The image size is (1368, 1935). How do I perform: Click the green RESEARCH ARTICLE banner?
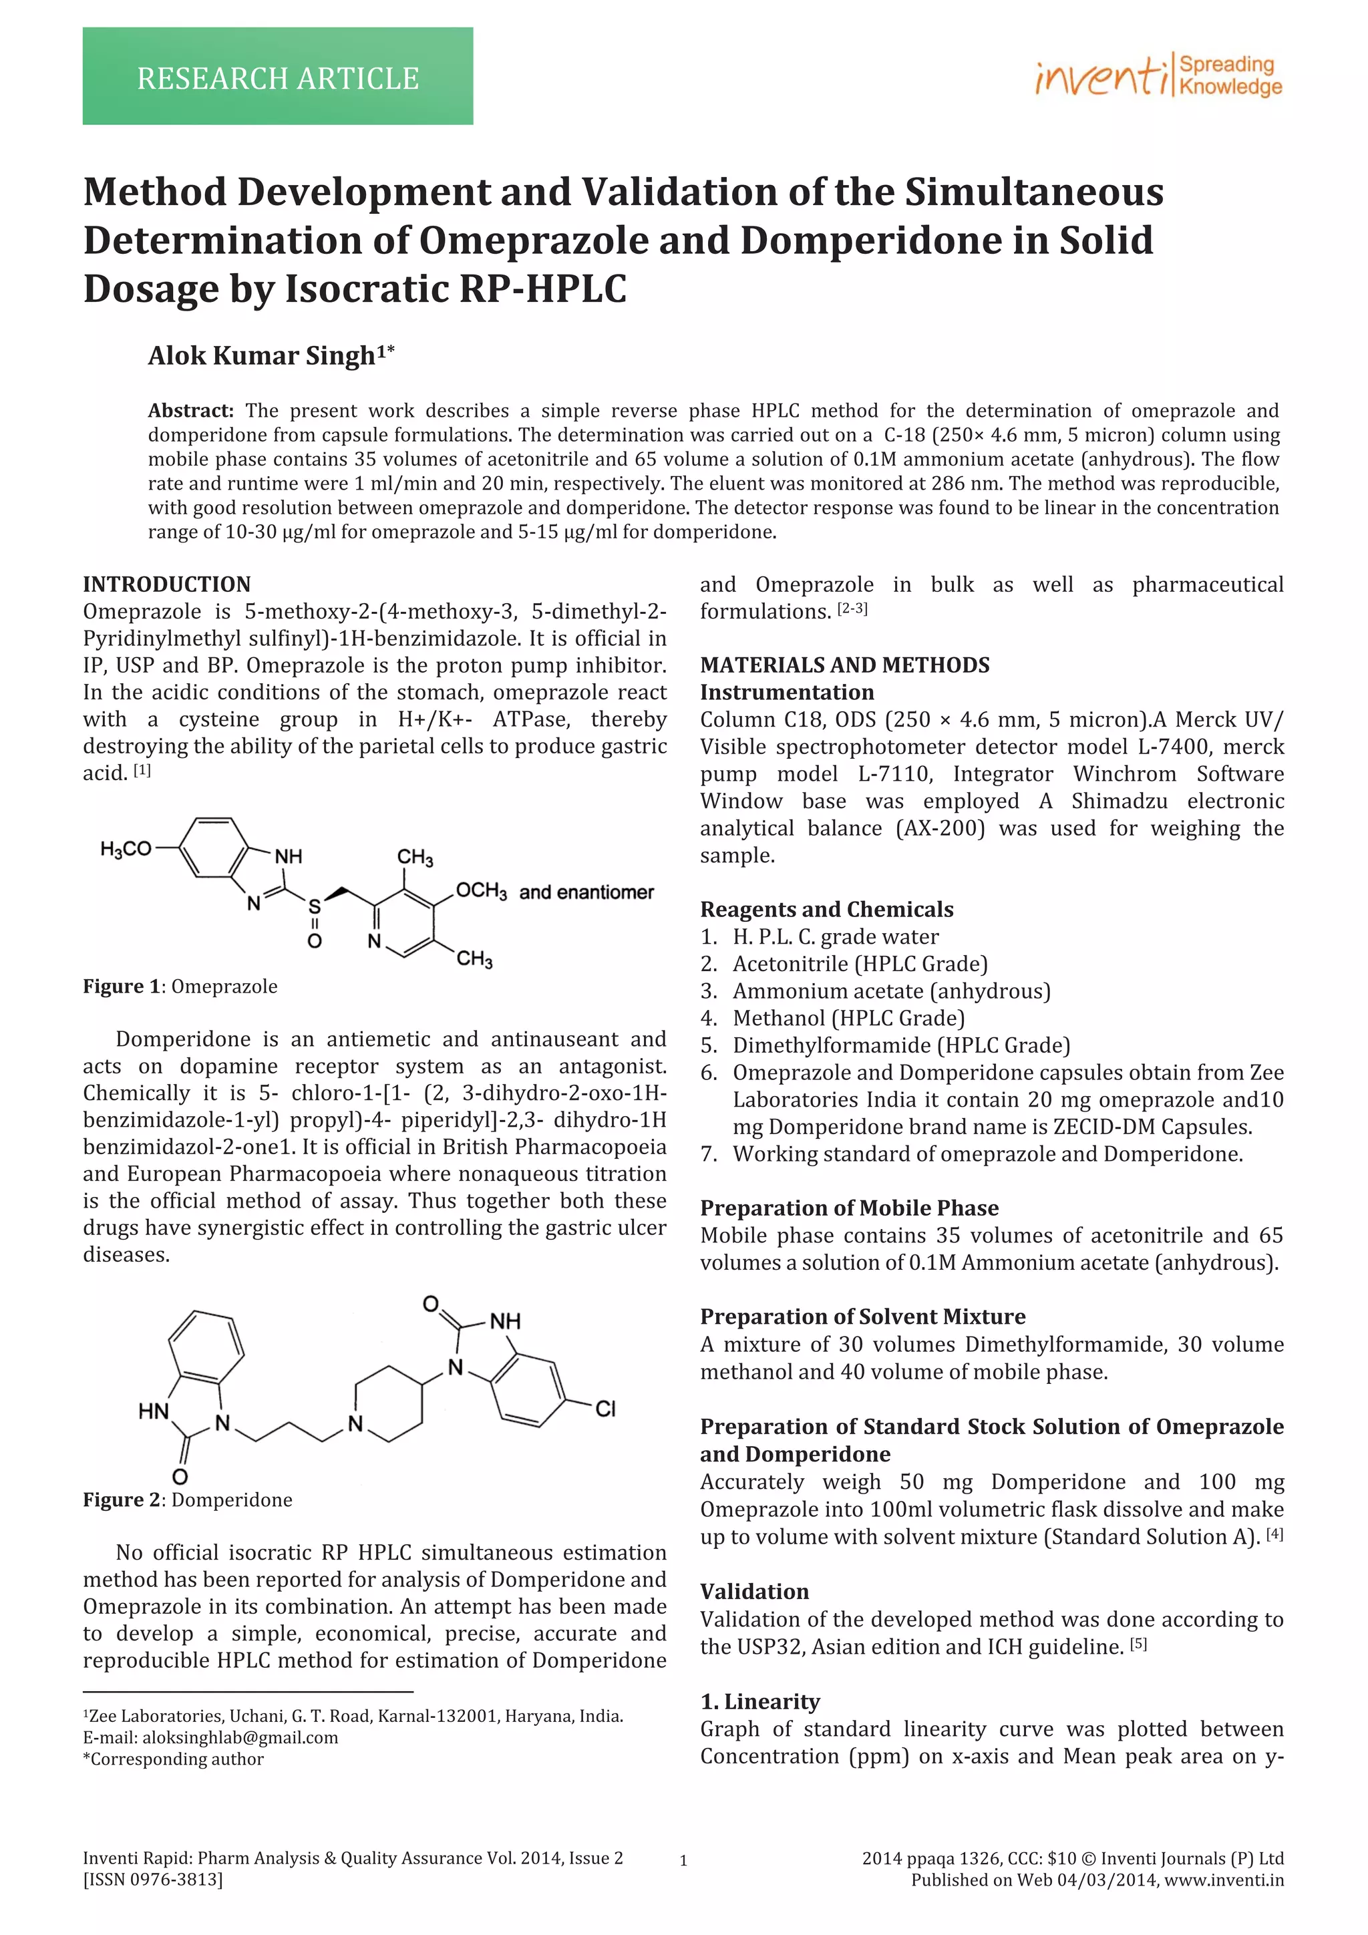[277, 77]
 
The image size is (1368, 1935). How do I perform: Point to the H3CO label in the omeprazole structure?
[125, 849]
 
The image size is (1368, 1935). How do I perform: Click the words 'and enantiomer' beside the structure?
[586, 892]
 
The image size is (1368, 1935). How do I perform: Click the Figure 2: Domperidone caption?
[187, 1500]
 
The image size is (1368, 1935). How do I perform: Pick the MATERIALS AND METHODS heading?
[844, 665]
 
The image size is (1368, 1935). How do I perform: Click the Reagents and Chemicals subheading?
[826, 909]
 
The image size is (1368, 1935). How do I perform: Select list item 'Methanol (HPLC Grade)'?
[848, 1018]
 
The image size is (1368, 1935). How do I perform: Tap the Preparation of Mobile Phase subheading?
[849, 1208]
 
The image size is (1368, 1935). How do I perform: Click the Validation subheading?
[753, 1591]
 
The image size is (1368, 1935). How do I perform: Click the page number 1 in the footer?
[683, 1861]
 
